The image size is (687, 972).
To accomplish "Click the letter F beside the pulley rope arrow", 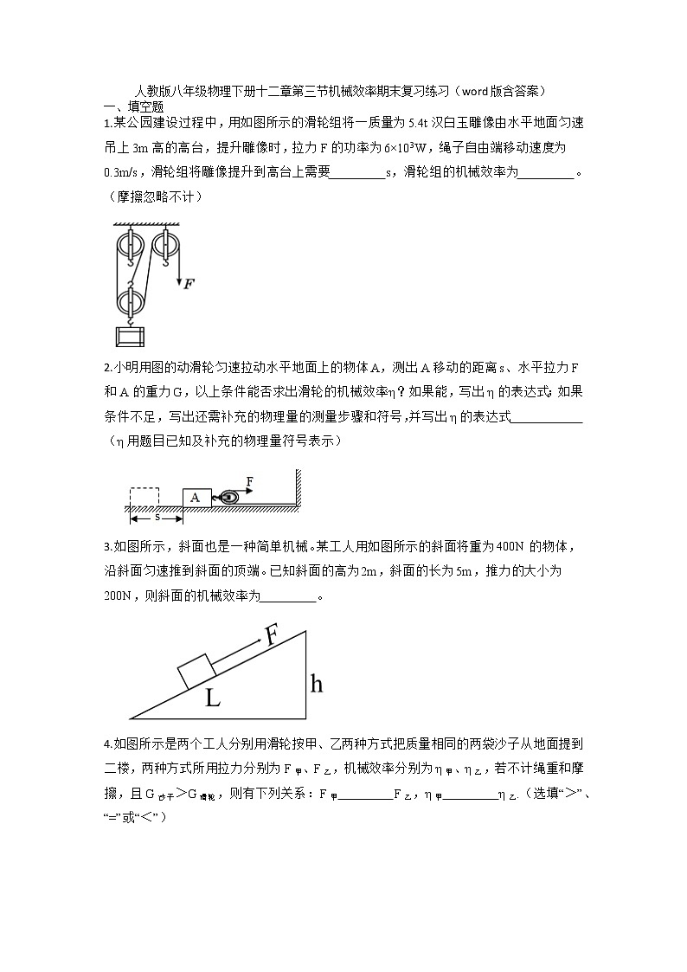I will pyautogui.click(x=189, y=283).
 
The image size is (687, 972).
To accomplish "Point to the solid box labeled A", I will pyautogui.click(x=196, y=497).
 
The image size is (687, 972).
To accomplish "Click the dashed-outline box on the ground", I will pyautogui.click(x=144, y=497).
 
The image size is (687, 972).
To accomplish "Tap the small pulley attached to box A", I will pyautogui.click(x=229, y=497).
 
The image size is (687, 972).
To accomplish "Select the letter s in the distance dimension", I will pyautogui.click(x=157, y=517).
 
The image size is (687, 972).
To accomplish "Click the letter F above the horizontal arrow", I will pyautogui.click(x=250, y=480).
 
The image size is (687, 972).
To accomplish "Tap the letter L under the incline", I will pyautogui.click(x=213, y=698).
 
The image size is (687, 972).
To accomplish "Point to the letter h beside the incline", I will pyautogui.click(x=317, y=684).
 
